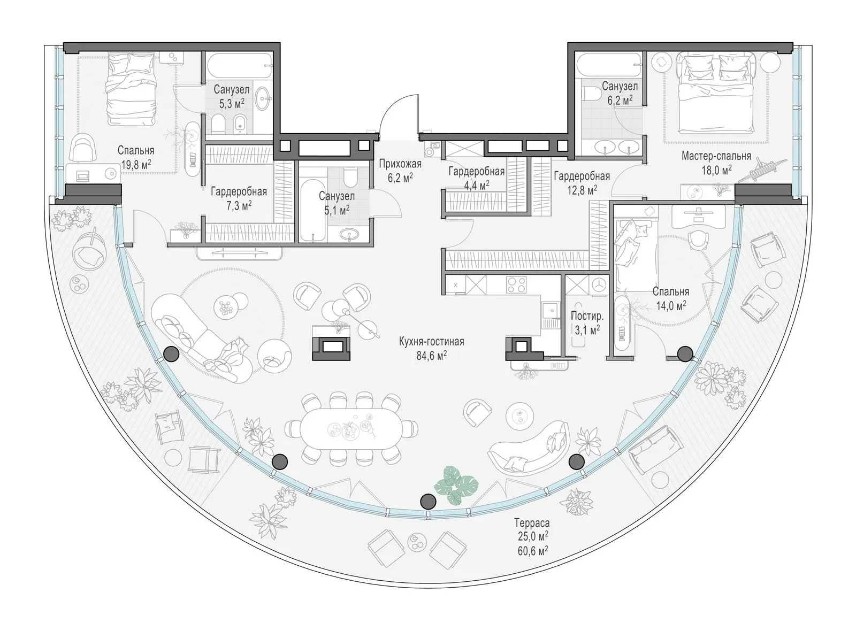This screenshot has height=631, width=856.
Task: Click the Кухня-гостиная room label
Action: point(431,341)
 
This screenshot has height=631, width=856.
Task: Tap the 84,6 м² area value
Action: point(432,356)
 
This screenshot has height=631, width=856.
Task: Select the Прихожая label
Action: point(400,164)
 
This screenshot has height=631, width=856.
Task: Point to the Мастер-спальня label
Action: point(716,156)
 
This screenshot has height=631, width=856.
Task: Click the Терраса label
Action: point(532,522)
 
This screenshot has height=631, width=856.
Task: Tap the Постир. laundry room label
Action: point(587,316)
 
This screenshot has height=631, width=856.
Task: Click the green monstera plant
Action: point(456,484)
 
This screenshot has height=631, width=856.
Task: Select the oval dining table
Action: point(351,429)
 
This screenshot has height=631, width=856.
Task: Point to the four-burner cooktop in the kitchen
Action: point(516,284)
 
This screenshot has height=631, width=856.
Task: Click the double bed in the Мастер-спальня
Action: point(717,93)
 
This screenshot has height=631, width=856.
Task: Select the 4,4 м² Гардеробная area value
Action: point(477,185)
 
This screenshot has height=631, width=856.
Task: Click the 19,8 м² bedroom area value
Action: point(136,165)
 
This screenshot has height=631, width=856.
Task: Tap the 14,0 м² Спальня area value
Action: point(671,305)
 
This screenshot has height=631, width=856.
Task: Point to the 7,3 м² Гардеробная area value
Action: point(239,206)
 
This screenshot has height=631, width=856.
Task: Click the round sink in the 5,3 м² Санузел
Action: point(263,98)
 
